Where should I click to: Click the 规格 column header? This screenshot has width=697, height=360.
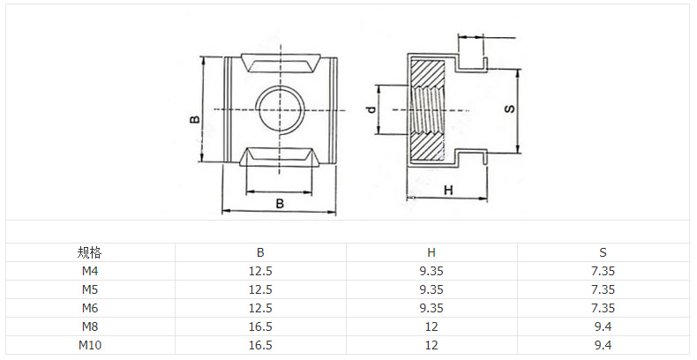[89, 253]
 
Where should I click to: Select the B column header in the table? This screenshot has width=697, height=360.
[260, 253]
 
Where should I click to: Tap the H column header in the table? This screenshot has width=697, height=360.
[431, 253]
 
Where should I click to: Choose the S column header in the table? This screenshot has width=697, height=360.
[603, 253]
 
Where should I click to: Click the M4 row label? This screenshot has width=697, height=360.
[89, 271]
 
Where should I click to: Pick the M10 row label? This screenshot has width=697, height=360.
[89, 345]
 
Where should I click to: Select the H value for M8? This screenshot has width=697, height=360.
[431, 326]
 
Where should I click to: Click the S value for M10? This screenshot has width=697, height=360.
[603, 345]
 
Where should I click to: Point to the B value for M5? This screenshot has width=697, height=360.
[260, 289]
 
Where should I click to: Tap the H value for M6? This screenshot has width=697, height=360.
[431, 308]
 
